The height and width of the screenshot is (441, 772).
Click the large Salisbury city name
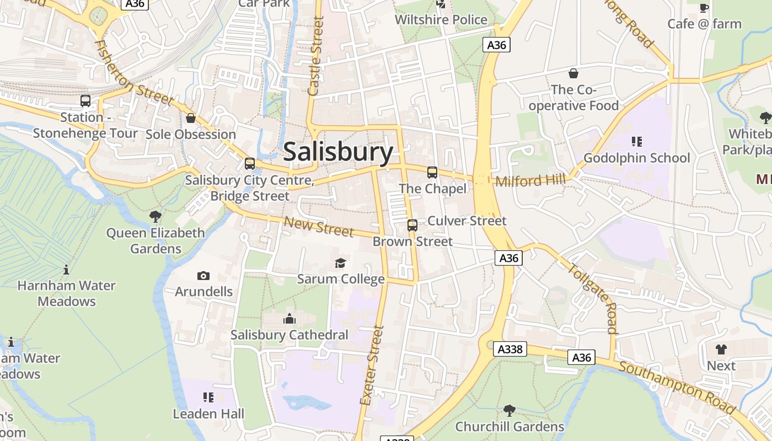click(x=338, y=152)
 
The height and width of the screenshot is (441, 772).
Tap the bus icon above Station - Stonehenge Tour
click(x=85, y=101)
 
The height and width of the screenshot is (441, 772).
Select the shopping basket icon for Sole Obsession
click(x=191, y=118)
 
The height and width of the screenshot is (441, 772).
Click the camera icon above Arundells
click(x=203, y=276)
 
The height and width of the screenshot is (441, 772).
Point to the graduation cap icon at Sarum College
click(x=341, y=263)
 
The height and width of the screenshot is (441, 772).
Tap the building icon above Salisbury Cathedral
click(x=289, y=319)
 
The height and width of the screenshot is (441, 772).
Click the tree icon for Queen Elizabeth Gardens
click(x=156, y=216)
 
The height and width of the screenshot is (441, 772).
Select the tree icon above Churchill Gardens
click(x=510, y=410)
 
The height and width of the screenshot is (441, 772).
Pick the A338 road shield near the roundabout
click(x=510, y=349)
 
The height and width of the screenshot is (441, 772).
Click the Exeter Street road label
click(x=371, y=365)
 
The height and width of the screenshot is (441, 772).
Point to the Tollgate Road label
click(x=592, y=298)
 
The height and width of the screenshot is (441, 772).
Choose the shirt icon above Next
click(x=721, y=349)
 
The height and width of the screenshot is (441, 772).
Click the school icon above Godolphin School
click(x=637, y=142)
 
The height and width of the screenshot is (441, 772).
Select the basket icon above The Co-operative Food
click(x=573, y=73)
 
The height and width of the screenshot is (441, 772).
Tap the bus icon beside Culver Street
click(x=412, y=225)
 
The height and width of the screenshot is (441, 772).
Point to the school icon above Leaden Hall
click(x=208, y=397)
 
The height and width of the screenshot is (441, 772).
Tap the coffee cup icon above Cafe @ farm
click(x=704, y=8)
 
